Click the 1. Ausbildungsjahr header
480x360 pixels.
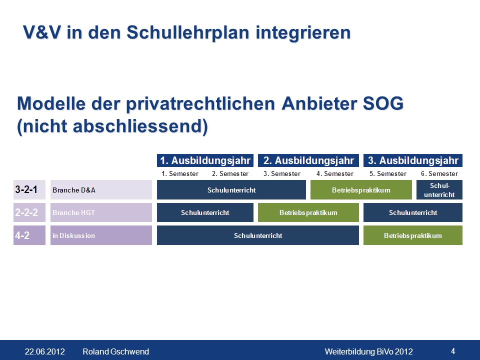click(205, 160)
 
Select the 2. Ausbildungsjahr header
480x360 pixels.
click(308, 160)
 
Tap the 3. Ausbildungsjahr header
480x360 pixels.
click(413, 160)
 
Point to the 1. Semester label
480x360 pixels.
click(180, 174)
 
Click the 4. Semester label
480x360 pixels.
click(335, 174)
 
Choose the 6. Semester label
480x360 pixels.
click(439, 174)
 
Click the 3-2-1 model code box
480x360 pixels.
click(29, 190)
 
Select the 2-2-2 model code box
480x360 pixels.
click(29, 212)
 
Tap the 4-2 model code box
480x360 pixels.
click(29, 235)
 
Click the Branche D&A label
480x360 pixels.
click(101, 190)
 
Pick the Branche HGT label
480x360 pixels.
click(101, 212)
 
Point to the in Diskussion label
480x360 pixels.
click(101, 235)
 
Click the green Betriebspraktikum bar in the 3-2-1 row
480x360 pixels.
click(361, 190)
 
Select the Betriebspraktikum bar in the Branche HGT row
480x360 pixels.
click(308, 212)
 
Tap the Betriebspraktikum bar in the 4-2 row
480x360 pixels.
click(413, 235)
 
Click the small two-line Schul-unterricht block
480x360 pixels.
click(439, 190)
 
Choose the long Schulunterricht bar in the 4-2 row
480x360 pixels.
click(258, 235)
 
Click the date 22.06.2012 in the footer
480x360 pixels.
click(44, 351)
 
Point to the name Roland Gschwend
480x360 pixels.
click(115, 351)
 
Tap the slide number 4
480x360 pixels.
click(453, 351)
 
